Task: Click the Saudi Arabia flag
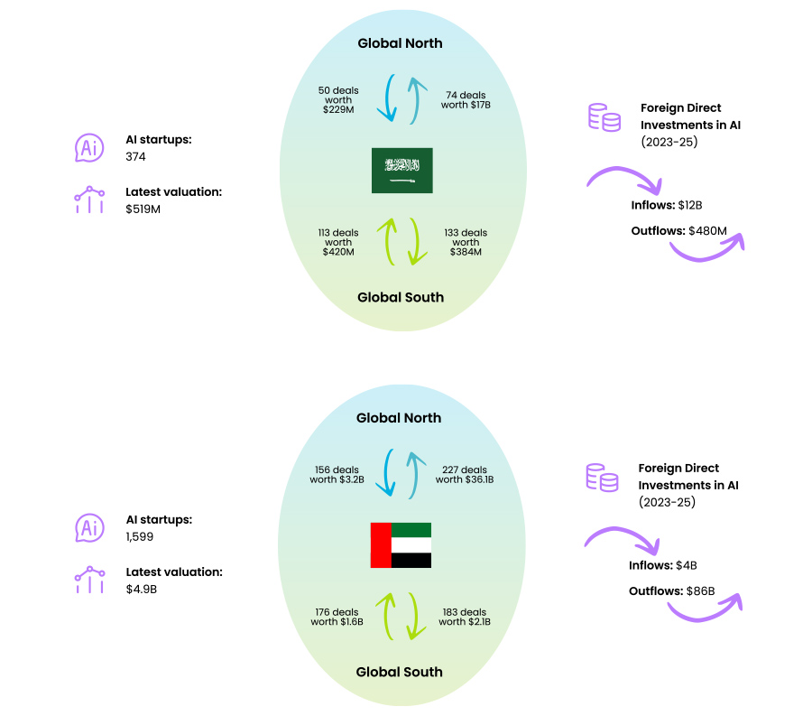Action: [401, 170]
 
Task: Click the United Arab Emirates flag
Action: [401, 545]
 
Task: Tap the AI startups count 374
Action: [136, 157]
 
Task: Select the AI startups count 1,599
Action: [141, 536]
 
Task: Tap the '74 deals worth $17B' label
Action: [466, 99]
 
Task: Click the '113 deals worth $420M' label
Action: [338, 242]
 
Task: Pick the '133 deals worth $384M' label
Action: [466, 242]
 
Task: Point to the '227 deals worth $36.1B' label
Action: [465, 475]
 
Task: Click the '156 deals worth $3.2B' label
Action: [337, 475]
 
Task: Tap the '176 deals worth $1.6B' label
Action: [337, 617]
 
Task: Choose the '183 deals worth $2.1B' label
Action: [465, 617]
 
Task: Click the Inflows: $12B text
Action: [665, 205]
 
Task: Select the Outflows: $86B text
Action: [671, 591]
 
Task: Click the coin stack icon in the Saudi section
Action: [604, 117]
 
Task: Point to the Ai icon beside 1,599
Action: [89, 528]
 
